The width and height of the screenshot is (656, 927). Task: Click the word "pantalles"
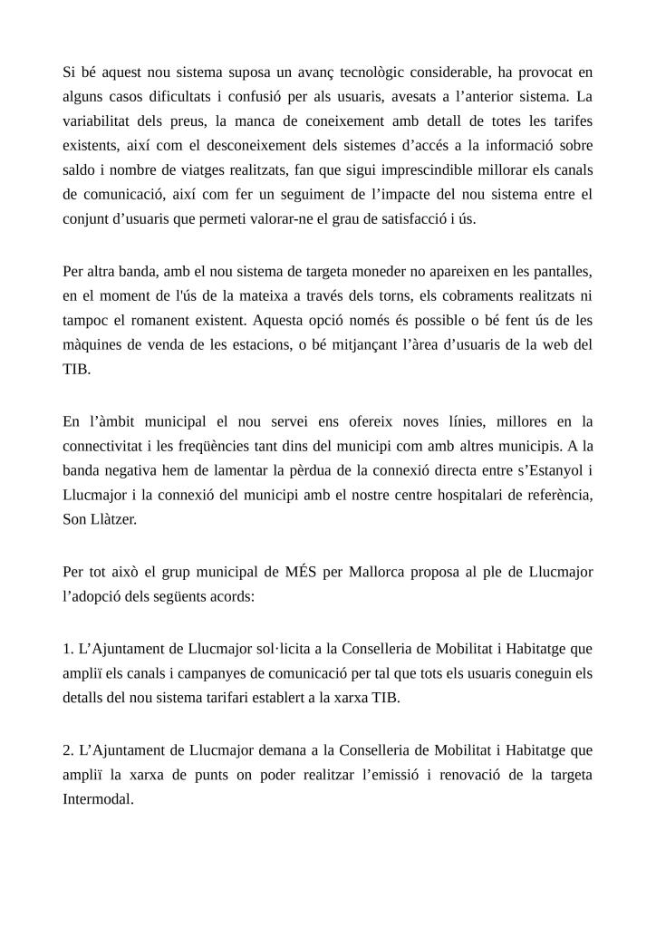tap(560, 270)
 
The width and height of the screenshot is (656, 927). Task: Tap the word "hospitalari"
tap(456, 494)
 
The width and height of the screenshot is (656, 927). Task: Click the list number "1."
tap(68, 649)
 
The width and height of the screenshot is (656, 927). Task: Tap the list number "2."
tap(68, 750)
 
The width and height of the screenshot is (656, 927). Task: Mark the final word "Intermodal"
tap(98, 799)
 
